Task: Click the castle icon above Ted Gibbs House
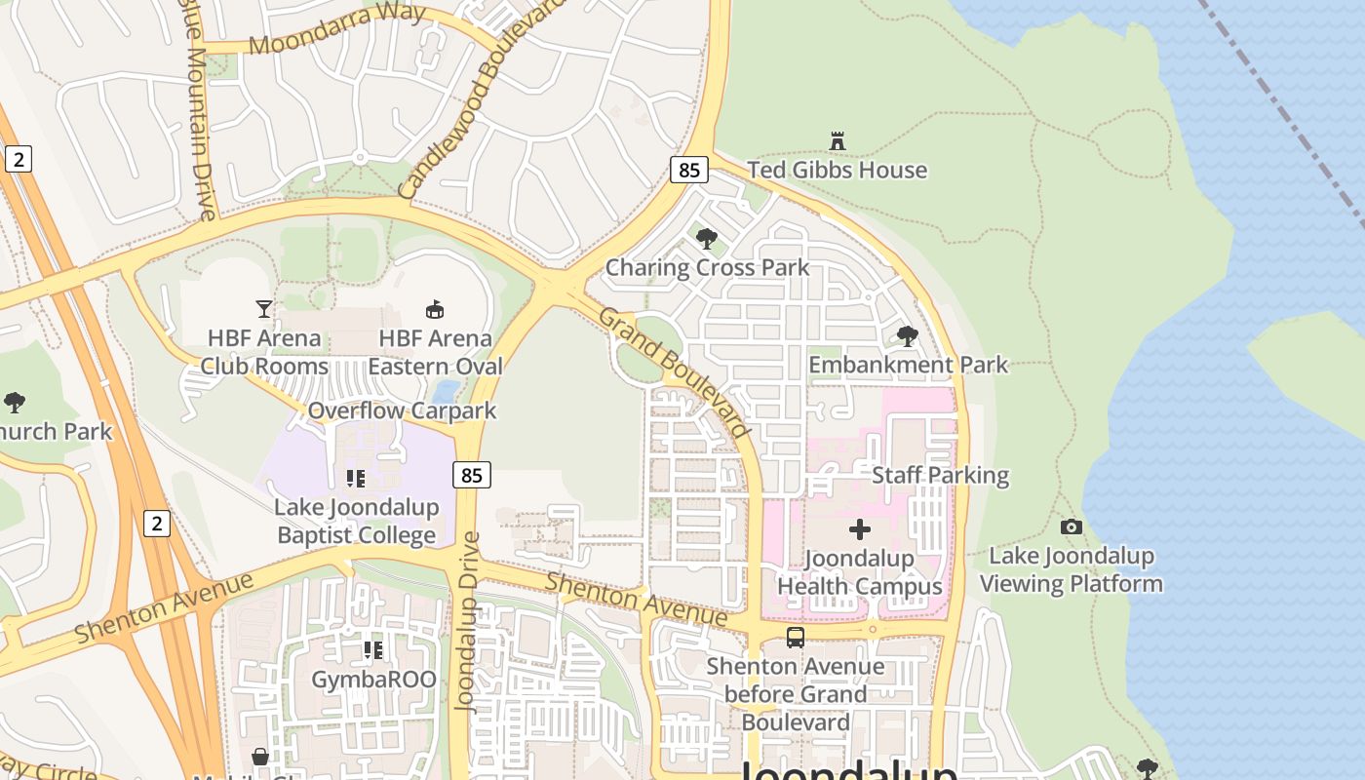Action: click(837, 141)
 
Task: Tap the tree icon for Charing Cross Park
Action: click(707, 238)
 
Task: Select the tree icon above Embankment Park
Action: click(908, 336)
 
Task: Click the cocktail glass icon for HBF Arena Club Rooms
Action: click(264, 309)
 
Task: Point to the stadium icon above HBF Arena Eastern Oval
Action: click(435, 309)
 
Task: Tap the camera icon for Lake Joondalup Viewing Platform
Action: click(1072, 526)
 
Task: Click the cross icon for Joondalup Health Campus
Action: click(859, 529)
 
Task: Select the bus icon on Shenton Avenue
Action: click(796, 638)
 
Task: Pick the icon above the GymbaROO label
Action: click(372, 649)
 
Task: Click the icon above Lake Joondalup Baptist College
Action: click(356, 478)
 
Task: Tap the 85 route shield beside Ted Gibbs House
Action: click(688, 170)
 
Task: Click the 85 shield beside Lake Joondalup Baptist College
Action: click(472, 475)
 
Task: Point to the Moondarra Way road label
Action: click(337, 29)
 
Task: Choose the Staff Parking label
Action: click(940, 475)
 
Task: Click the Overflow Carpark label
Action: click(402, 410)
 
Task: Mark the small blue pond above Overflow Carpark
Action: click(446, 392)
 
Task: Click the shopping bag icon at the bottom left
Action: click(260, 757)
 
